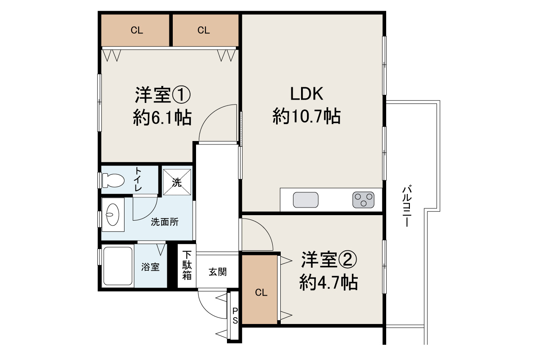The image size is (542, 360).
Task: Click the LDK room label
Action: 307,94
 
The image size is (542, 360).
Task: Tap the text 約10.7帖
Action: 307,116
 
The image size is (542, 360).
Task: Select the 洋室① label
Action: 163,95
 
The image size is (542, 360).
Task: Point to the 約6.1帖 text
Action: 163,118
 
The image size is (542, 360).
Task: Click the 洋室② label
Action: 329,260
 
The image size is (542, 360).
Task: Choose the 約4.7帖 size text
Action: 329,282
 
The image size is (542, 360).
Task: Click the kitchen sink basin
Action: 306,199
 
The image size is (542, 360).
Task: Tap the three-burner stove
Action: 363,199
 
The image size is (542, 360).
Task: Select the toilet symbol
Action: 113,181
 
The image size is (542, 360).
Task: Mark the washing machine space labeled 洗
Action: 177,183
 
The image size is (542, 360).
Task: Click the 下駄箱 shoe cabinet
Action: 187,266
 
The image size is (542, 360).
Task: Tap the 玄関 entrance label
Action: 217,272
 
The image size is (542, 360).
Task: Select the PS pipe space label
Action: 235,316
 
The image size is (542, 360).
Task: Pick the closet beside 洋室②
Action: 261,292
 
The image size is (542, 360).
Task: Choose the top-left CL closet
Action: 136,30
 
